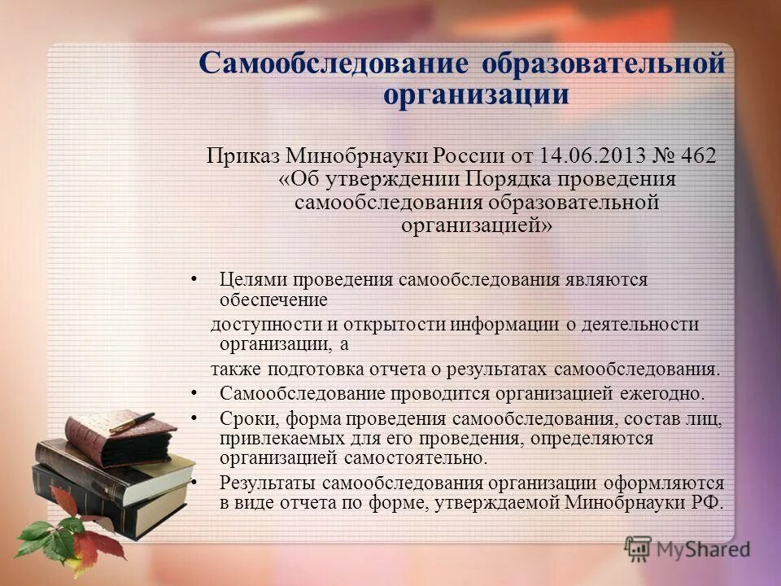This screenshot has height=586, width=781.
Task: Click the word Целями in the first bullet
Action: [x=247, y=280]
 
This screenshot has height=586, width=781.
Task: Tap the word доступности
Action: [x=262, y=324]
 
